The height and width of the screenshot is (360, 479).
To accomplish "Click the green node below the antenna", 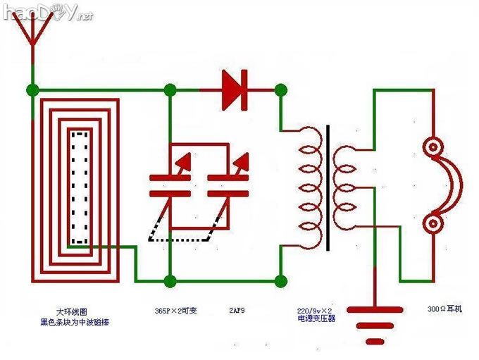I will (x=32, y=90).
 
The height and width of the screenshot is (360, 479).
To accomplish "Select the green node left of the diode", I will (x=170, y=90).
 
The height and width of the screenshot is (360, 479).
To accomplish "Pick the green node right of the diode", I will (x=280, y=90).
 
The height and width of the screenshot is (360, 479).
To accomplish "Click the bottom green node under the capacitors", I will (x=170, y=281).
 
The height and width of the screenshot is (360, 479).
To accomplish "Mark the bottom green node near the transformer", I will (x=280, y=281).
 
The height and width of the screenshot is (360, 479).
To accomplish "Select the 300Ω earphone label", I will (x=444, y=309).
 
